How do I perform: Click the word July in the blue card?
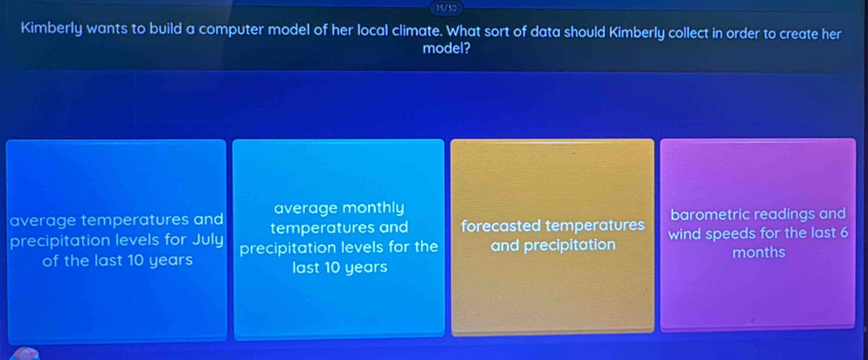[207, 241]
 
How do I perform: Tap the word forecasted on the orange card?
[501, 225]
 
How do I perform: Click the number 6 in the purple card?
[844, 232]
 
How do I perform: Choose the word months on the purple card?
[759, 253]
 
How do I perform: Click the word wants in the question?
[108, 31]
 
